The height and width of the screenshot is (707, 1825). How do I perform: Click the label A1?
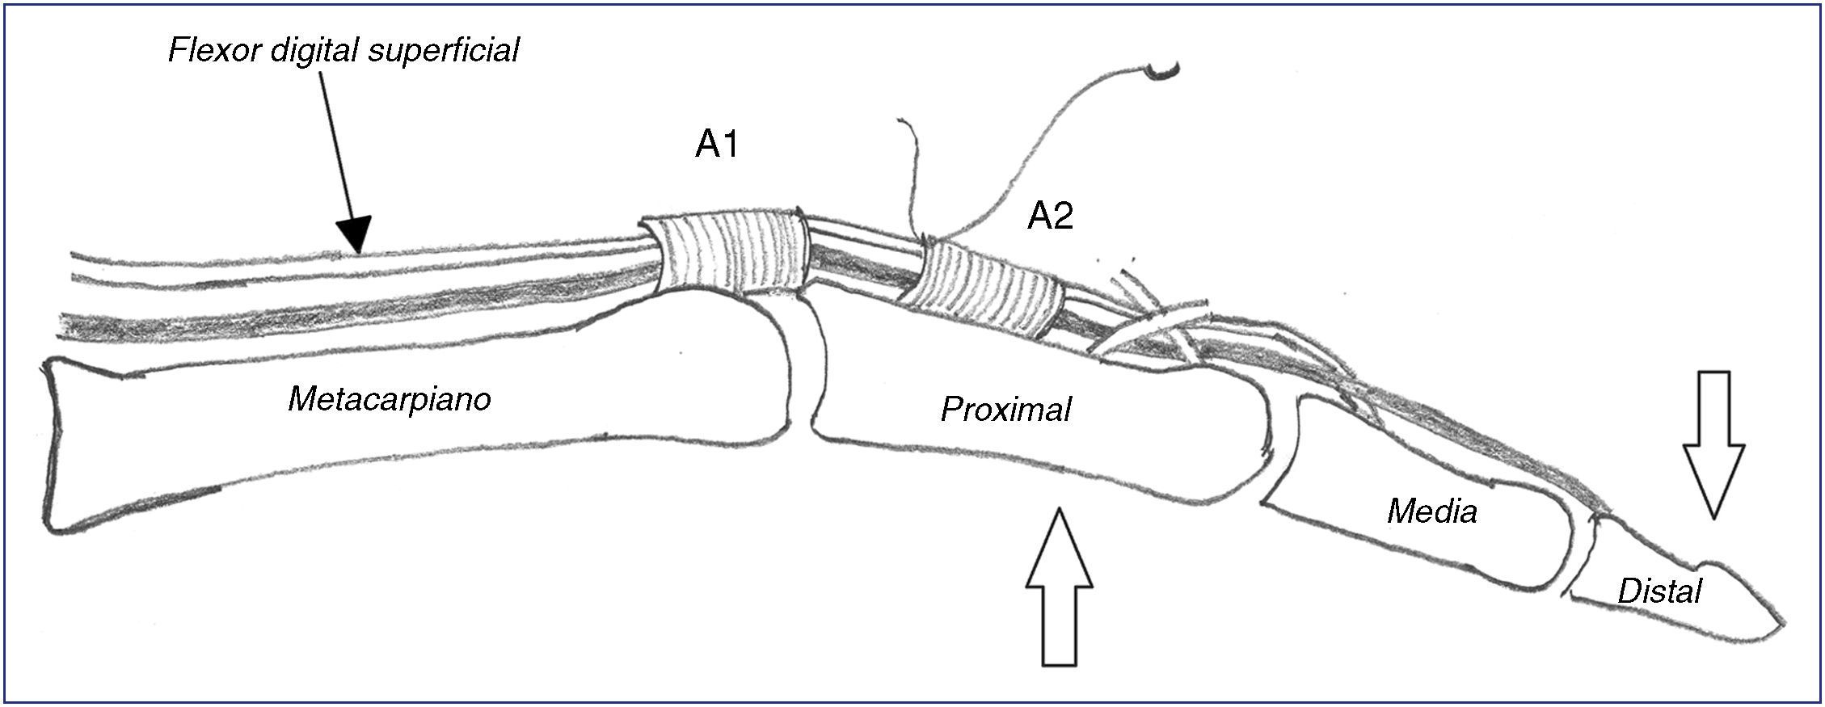pyautogui.click(x=717, y=145)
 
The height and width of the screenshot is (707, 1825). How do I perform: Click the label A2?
pyautogui.click(x=1050, y=217)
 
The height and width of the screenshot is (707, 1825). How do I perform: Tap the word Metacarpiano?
pyautogui.click(x=390, y=399)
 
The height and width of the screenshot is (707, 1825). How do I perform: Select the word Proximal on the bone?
pyautogui.click(x=1005, y=410)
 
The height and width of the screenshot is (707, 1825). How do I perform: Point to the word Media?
pyautogui.click(x=1432, y=511)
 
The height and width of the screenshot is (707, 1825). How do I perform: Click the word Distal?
pyautogui.click(x=1659, y=591)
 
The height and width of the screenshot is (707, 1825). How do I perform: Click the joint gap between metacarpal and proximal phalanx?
pyautogui.click(x=803, y=368)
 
